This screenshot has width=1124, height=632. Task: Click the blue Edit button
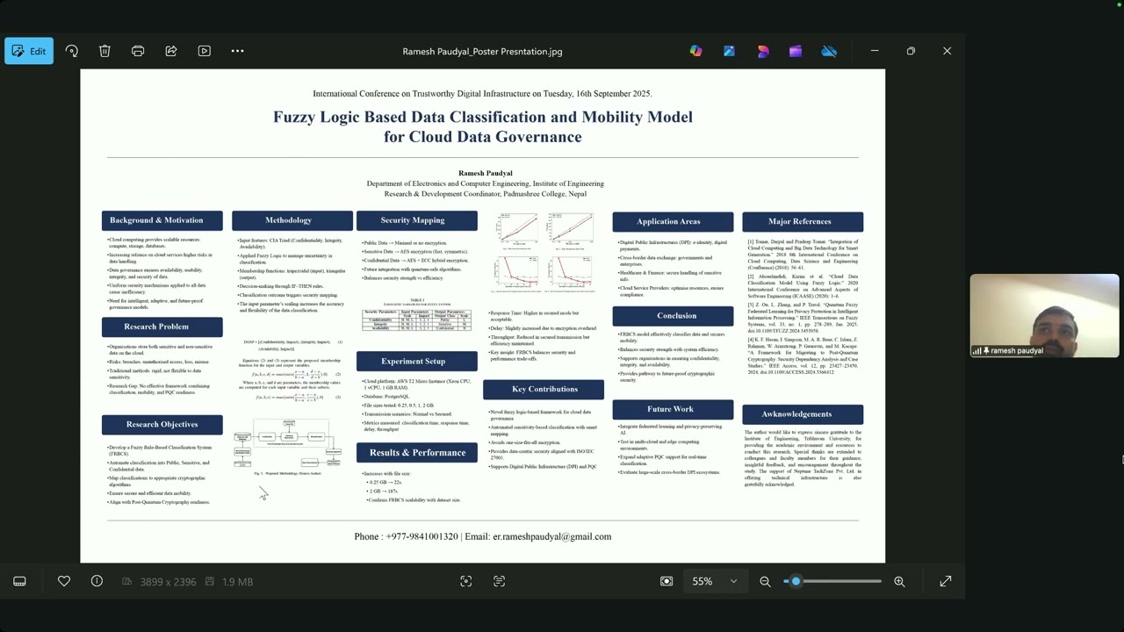point(29,51)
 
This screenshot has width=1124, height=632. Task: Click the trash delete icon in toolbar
point(104,51)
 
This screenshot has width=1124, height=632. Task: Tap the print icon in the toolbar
point(138,51)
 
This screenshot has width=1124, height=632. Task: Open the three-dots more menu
point(237,51)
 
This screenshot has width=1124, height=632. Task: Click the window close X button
point(947,51)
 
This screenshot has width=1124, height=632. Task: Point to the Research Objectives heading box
point(162,425)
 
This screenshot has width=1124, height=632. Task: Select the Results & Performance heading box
point(416,453)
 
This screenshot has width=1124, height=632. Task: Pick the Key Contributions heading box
point(544,389)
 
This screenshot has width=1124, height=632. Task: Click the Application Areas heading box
point(672,221)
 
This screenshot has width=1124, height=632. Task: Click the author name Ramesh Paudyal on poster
point(485,173)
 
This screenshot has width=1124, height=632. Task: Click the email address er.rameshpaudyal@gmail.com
point(551,536)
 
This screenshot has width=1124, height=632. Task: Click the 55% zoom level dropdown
point(713,581)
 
